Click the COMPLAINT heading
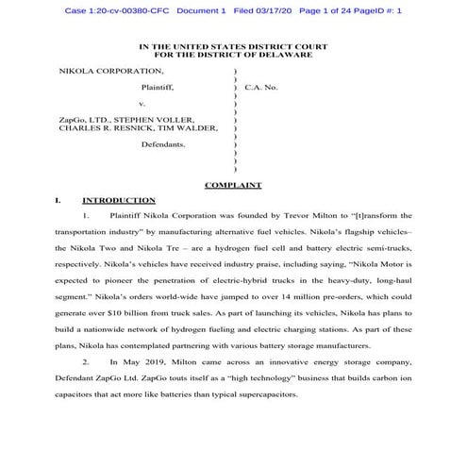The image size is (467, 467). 234,186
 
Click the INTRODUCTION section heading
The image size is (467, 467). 119,201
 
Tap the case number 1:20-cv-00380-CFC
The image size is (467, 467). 119,10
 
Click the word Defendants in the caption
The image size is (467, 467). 162,144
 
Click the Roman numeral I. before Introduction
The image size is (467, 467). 59,201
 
